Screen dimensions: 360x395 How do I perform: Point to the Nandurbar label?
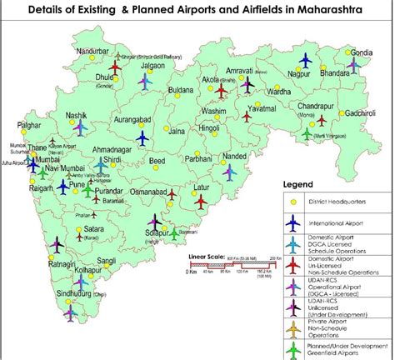[92, 52]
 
